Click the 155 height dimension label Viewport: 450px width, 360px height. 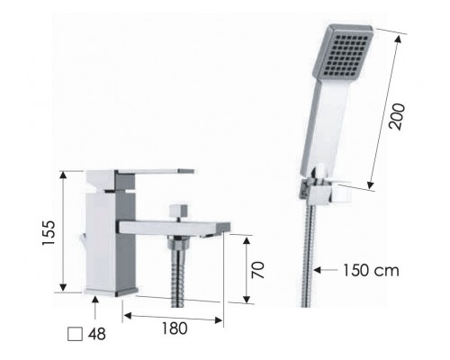48,235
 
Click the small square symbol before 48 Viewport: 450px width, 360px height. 76,333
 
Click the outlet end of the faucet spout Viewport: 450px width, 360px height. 212,232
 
